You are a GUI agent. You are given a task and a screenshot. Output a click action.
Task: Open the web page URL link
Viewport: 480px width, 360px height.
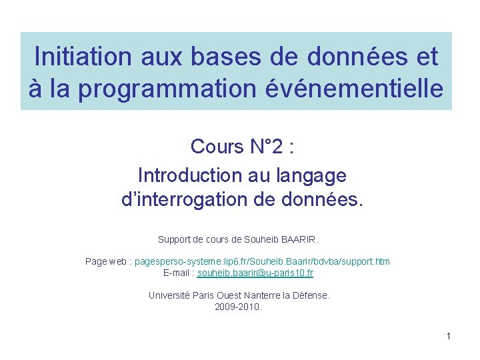point(262,261)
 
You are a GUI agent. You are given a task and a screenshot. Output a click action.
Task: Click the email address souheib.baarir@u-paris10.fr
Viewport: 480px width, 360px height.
point(255,273)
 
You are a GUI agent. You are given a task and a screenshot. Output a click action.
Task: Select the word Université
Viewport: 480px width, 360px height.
point(169,295)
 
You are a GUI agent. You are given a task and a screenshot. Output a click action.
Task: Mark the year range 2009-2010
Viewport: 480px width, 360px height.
point(238,307)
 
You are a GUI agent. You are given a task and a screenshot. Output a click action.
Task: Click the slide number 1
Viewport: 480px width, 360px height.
point(449,336)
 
